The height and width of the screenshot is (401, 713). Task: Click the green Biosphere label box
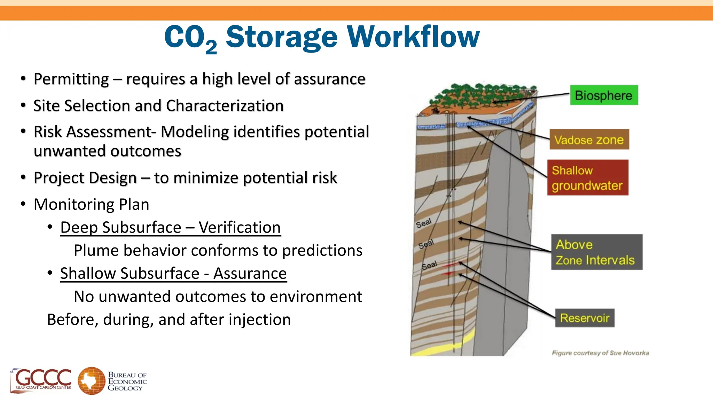click(604, 95)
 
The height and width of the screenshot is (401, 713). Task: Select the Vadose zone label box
click(589, 140)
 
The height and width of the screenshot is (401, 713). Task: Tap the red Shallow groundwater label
click(588, 178)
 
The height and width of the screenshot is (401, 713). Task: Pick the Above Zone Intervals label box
click(596, 252)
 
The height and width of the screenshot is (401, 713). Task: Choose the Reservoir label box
click(585, 318)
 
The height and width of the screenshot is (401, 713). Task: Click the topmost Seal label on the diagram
click(424, 223)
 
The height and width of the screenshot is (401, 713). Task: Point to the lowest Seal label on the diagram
click(429, 266)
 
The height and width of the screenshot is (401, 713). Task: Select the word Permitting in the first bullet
click(71, 79)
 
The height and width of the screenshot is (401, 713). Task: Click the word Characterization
click(225, 106)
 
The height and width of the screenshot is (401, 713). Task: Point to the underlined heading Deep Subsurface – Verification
click(170, 228)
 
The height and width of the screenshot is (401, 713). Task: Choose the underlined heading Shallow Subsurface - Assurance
click(173, 273)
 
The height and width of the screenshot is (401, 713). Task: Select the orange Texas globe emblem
click(91, 381)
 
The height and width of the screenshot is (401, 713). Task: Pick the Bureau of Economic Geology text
click(127, 381)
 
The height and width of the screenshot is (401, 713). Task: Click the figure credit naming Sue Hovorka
click(600, 353)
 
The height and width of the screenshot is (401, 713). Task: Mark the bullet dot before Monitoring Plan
click(23, 204)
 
